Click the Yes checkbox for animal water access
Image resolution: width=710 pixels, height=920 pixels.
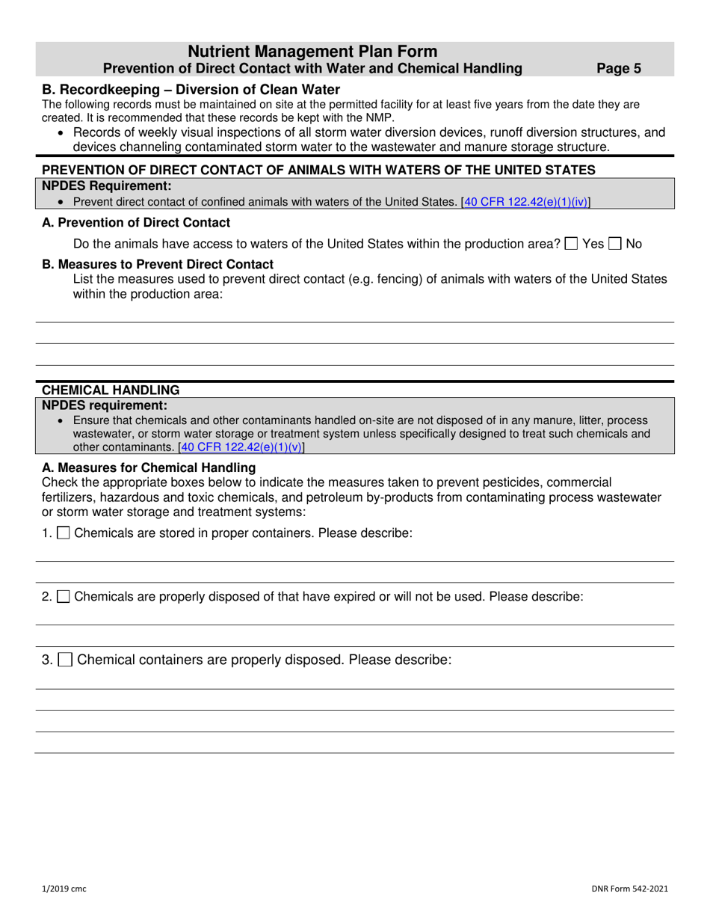coord(572,245)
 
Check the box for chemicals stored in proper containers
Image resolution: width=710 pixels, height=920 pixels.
coord(64,533)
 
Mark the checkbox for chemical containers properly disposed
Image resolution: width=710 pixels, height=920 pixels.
coord(66,660)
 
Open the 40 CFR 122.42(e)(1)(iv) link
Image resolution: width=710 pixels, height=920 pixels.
coord(526,201)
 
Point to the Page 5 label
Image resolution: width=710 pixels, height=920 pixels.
coord(619,69)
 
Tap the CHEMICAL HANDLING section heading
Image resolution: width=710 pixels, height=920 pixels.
coord(111,390)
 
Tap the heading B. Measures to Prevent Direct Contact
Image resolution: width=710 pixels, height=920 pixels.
coord(157,264)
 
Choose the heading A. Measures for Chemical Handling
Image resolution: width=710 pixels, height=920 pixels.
coord(149,467)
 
